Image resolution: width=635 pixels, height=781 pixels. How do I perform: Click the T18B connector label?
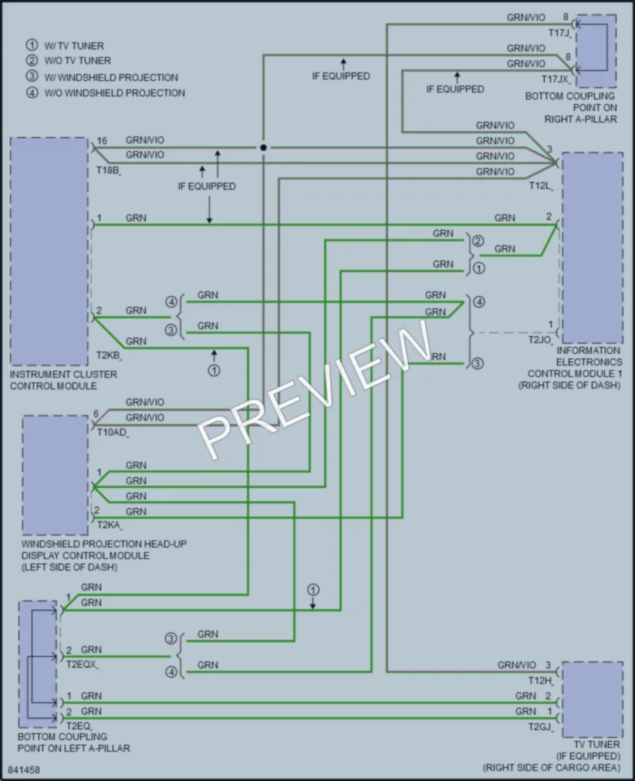point(108,171)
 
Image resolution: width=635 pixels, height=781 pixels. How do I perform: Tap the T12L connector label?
point(540,187)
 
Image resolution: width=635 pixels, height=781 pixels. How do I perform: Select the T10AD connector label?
point(112,433)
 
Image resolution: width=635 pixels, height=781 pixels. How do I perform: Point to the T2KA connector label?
point(109,525)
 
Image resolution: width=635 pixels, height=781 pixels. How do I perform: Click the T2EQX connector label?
point(81,665)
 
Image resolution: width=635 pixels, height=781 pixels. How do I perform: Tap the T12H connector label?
point(540,680)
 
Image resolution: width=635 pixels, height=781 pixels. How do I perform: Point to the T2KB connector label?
point(109,355)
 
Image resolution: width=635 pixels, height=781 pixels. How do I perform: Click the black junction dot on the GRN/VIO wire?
point(263,147)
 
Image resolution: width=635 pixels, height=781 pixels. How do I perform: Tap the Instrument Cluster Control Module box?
point(49,251)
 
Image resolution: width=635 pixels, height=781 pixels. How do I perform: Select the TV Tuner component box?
point(593,699)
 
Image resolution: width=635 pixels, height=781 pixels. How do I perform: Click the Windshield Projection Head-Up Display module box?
point(56,476)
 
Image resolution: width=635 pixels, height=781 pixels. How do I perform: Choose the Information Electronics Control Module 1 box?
point(593,248)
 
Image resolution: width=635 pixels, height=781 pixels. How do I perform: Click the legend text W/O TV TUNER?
point(77,61)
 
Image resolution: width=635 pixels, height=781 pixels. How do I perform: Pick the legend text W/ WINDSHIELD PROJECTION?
point(110,78)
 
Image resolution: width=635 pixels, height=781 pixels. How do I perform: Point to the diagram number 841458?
point(23,769)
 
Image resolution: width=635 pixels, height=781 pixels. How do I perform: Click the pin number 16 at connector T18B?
point(102,141)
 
